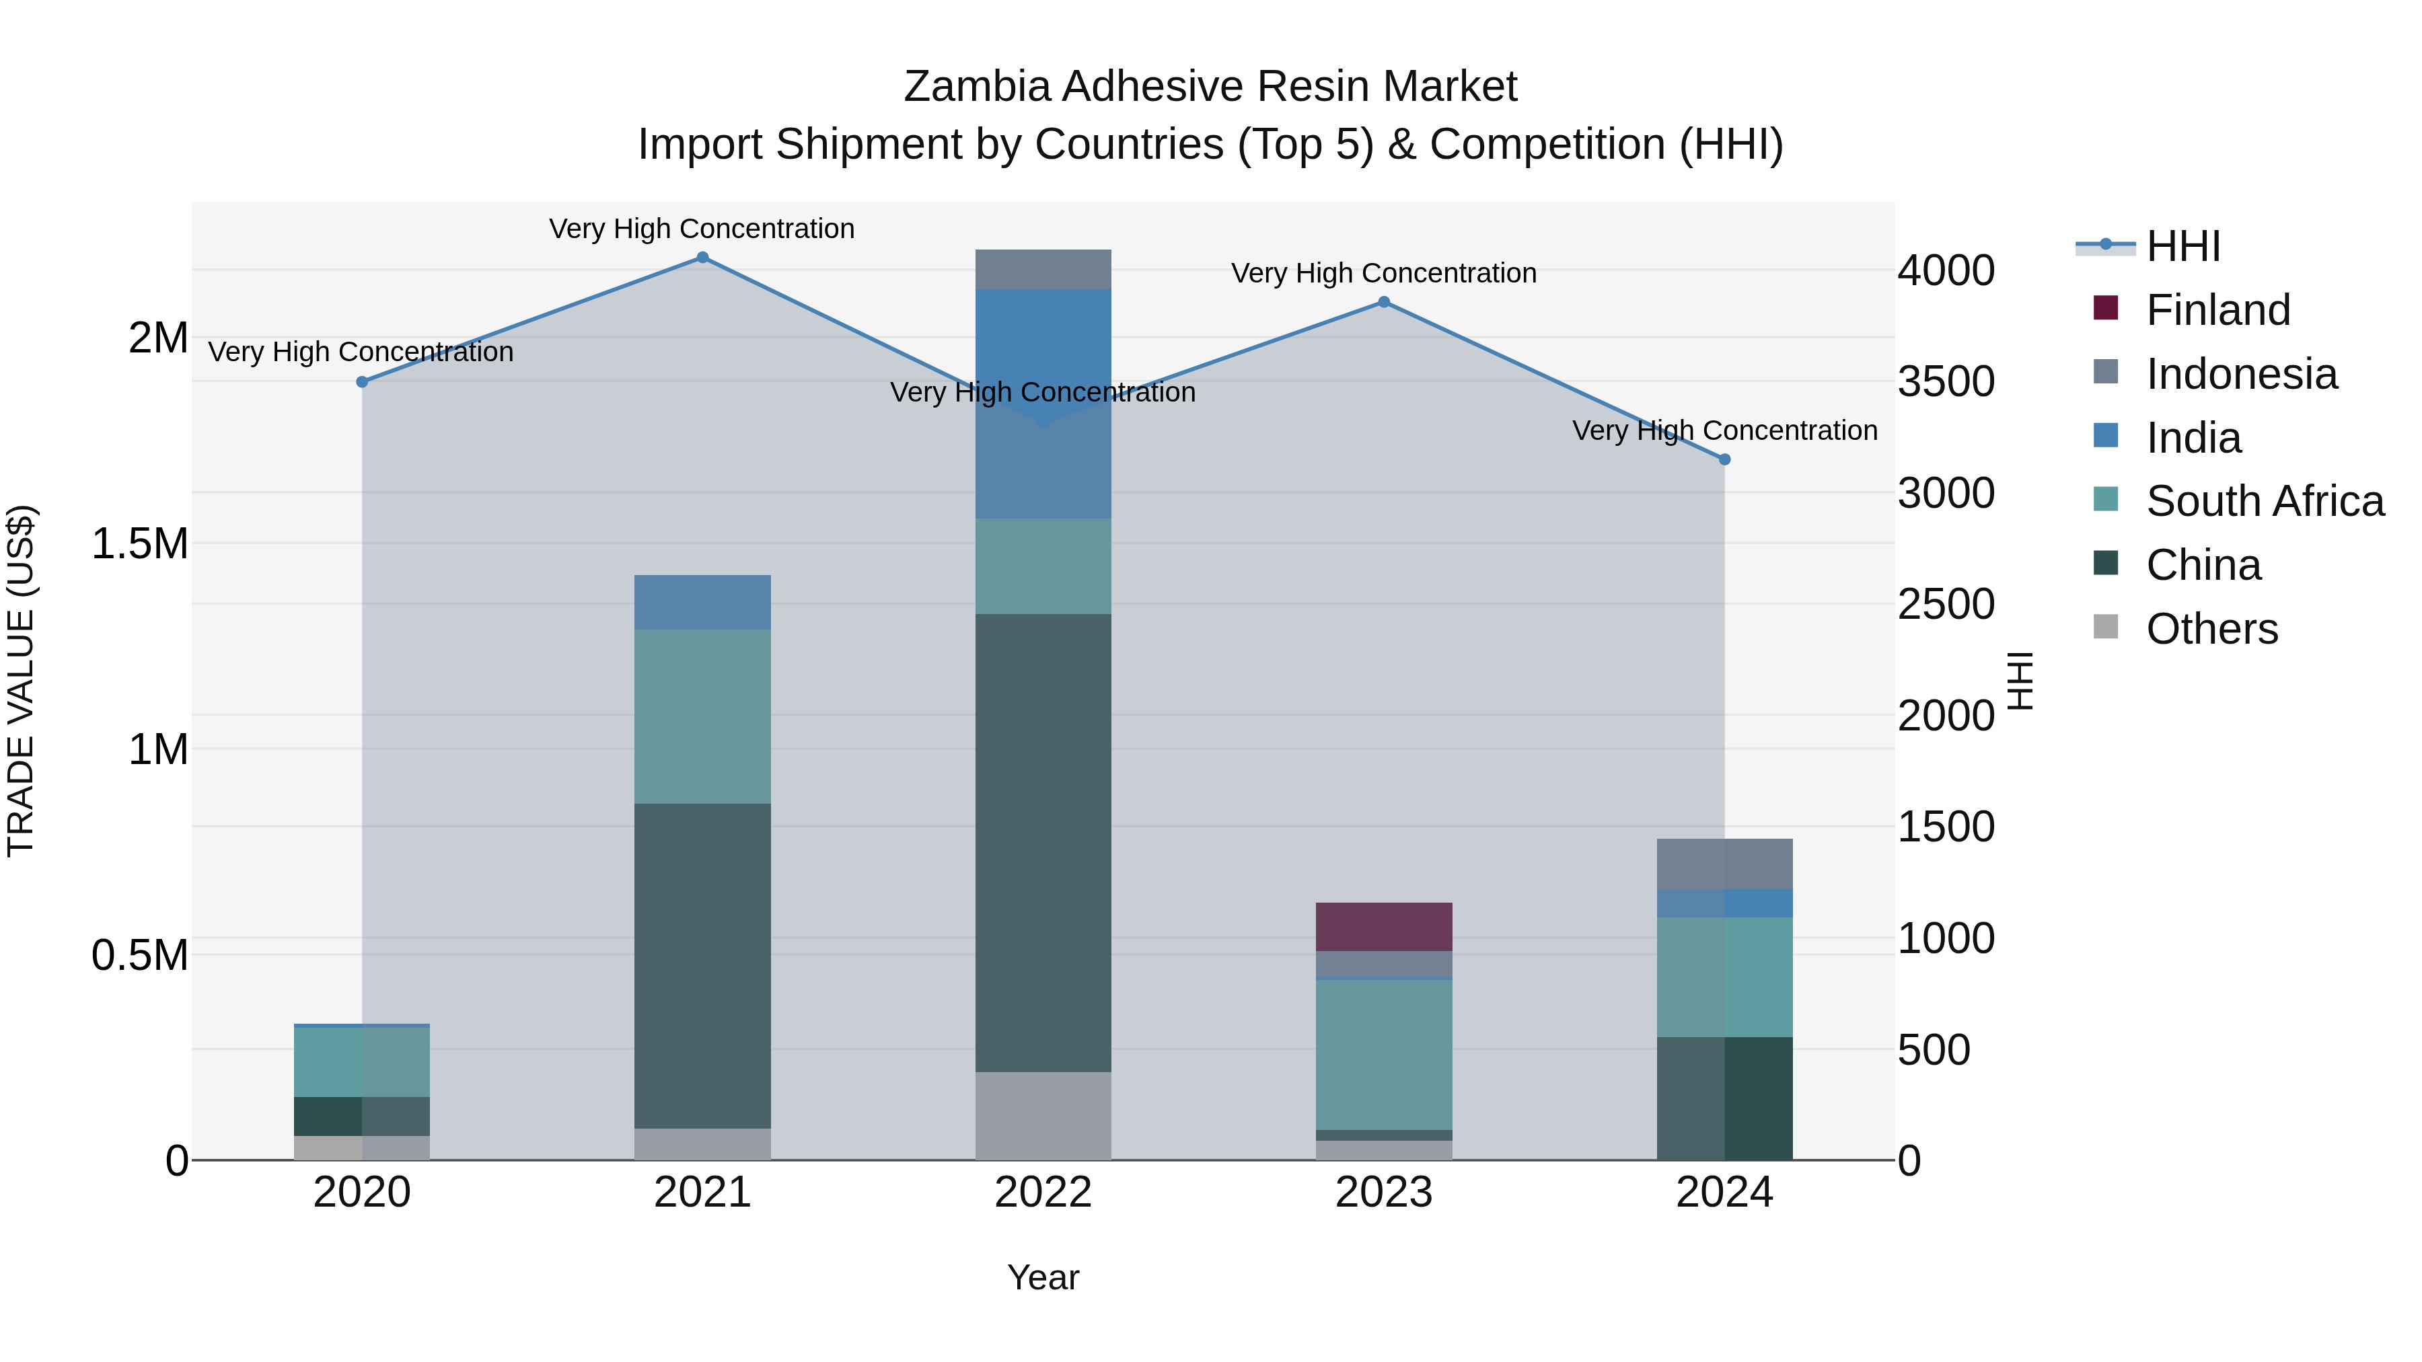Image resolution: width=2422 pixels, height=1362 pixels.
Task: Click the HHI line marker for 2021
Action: (702, 258)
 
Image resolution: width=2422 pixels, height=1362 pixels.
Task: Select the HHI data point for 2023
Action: (1384, 303)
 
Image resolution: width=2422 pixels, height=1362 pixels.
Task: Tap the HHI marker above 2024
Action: (1724, 459)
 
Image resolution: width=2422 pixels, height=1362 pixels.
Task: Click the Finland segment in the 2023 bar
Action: (1384, 927)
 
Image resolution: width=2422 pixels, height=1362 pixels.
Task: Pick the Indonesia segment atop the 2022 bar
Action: (1043, 270)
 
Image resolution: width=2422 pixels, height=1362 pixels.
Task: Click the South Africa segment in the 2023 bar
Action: (1384, 1055)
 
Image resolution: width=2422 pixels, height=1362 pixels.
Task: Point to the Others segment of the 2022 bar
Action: (1043, 1116)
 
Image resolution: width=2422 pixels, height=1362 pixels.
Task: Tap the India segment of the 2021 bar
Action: (702, 603)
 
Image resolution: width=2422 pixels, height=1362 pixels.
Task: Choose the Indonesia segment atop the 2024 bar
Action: (1724, 864)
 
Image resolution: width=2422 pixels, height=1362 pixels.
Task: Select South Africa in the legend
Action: (2264, 501)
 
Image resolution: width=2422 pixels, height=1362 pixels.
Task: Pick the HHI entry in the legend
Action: (2182, 246)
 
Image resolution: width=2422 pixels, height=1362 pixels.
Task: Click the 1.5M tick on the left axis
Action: (140, 544)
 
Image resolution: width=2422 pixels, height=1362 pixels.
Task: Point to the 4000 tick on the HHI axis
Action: (1945, 270)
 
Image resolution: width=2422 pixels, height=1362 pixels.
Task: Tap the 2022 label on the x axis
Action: (1043, 1193)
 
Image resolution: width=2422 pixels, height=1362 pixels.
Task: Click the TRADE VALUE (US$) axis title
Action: (21, 681)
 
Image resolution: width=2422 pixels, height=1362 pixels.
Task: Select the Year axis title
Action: (1043, 1277)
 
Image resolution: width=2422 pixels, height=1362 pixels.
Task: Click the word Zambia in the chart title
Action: (977, 87)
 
